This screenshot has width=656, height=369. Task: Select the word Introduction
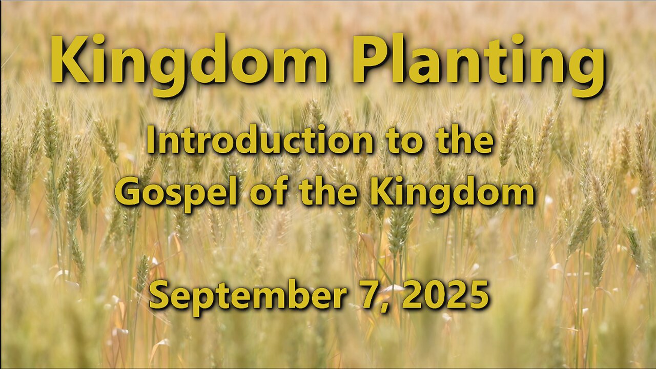tap(260, 139)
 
